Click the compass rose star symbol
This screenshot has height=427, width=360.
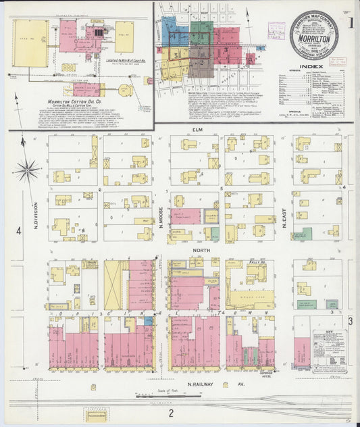pyautogui.click(x=27, y=169)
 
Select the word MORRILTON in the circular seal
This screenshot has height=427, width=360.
pyautogui.click(x=313, y=38)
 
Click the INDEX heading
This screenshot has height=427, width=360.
pyautogui.click(x=313, y=67)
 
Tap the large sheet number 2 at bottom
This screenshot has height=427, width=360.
pyautogui.click(x=172, y=413)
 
